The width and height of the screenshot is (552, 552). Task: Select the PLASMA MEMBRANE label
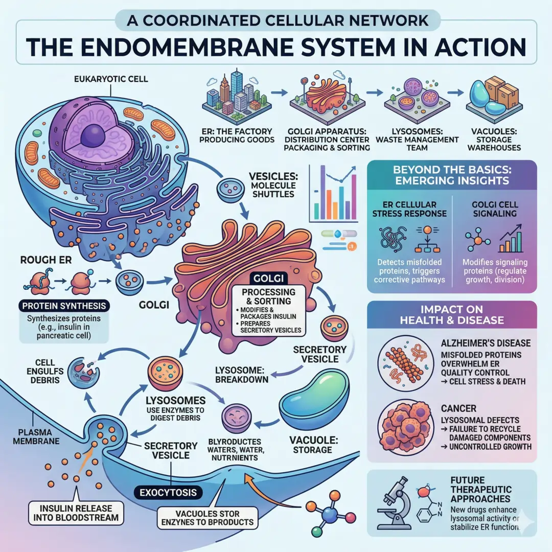(x=30, y=434)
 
